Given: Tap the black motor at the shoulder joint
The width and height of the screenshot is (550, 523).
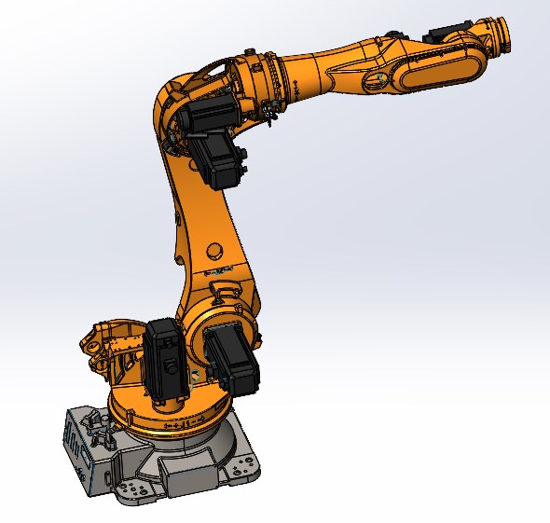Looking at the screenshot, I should (x=232, y=359).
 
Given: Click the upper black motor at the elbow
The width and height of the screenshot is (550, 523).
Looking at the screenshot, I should (x=203, y=118).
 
